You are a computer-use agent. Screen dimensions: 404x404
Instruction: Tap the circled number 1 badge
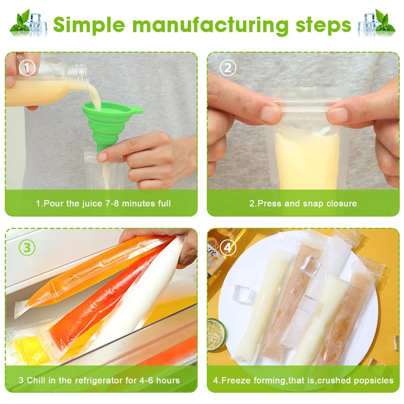(27, 68)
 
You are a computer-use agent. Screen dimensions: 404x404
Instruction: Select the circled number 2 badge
(228, 68)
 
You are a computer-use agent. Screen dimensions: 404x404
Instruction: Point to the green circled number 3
(27, 247)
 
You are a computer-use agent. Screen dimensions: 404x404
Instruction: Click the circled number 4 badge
(228, 247)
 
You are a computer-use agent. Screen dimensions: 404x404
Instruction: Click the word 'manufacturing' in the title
(210, 25)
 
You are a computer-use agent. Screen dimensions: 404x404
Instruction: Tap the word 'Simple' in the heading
(89, 25)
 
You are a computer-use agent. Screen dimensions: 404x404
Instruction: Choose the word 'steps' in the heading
(323, 26)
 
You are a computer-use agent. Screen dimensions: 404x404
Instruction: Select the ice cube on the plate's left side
(243, 293)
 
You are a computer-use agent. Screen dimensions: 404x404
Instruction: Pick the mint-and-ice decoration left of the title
(28, 23)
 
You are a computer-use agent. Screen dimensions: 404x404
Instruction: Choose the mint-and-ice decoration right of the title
(376, 23)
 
